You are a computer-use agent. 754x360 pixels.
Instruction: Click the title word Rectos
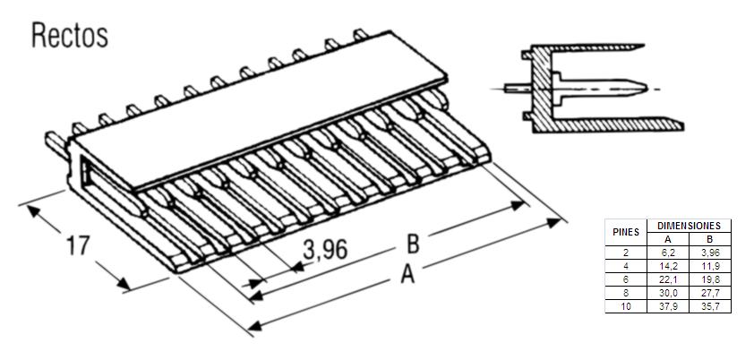point(70,36)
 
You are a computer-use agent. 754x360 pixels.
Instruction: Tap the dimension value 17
point(78,245)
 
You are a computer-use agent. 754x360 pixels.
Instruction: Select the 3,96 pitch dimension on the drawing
point(325,250)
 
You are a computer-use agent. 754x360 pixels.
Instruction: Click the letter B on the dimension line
point(413,244)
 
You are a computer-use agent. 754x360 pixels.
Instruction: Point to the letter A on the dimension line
point(407,275)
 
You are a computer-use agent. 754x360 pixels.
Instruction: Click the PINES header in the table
point(626,233)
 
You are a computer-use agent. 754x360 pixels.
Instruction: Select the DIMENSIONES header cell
point(689,226)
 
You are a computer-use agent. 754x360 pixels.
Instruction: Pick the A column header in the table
point(668,239)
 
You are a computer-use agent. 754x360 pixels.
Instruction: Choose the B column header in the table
point(710,239)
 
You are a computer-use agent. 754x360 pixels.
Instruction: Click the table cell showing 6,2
point(668,253)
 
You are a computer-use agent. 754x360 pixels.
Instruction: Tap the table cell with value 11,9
point(710,266)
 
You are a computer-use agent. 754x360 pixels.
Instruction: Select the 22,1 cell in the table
point(668,279)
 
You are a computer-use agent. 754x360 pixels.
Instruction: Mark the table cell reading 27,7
point(710,293)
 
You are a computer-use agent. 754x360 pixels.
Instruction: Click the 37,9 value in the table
point(668,306)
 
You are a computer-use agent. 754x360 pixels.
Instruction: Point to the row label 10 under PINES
point(626,306)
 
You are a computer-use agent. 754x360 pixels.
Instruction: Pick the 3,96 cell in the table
point(710,253)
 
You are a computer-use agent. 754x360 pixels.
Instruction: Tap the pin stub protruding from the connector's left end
point(56,144)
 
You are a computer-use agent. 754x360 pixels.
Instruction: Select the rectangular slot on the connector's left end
point(87,173)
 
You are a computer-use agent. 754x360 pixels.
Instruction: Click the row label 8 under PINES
point(626,293)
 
